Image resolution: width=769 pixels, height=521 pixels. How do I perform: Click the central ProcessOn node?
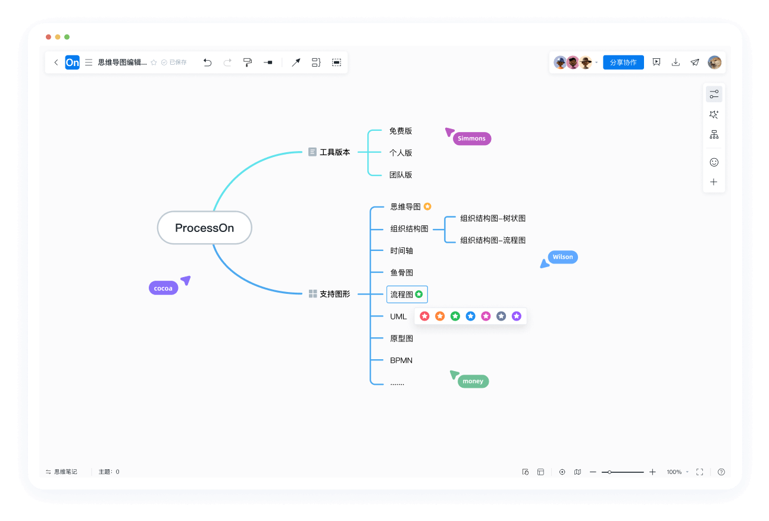[x=204, y=228]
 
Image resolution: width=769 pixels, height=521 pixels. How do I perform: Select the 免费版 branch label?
[x=401, y=131]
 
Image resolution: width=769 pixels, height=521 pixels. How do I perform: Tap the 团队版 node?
[x=401, y=175]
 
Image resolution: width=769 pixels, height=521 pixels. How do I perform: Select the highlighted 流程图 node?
[x=407, y=294]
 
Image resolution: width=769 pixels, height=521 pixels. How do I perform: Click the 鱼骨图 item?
[x=401, y=272]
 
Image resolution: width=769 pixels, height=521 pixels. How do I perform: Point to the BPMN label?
[x=401, y=360]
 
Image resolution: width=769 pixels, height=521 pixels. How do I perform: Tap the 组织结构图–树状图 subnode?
[x=493, y=218]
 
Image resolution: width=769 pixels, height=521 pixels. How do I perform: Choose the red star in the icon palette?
[x=424, y=316]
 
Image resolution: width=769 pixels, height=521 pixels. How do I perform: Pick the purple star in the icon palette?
[x=516, y=316]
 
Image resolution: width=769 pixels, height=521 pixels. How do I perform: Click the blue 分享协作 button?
[x=623, y=62]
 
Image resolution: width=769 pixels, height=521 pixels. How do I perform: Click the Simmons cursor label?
[x=472, y=139]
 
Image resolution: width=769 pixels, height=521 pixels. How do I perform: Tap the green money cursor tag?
[x=473, y=381]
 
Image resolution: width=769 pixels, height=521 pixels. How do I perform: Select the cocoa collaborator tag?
[x=163, y=288]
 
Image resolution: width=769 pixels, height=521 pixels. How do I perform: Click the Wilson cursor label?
[x=562, y=257]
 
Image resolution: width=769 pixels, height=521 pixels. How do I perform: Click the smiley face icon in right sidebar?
[x=714, y=162]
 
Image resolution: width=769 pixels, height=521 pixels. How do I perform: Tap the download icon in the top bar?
[x=676, y=62]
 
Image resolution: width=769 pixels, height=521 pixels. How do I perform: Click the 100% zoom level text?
[x=674, y=472]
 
